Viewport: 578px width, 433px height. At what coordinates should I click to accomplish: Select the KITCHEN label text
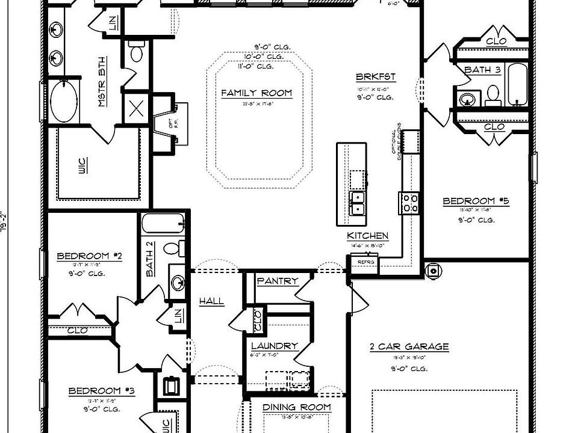(367, 236)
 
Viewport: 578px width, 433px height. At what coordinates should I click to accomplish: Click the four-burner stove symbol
(409, 202)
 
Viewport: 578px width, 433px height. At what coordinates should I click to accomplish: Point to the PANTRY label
(278, 281)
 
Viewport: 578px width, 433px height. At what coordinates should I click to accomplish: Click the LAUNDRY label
(275, 346)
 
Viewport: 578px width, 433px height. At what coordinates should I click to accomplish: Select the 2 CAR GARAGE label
(409, 346)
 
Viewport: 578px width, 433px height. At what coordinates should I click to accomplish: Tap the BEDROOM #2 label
(90, 256)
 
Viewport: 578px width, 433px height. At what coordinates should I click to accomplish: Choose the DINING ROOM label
(297, 407)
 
